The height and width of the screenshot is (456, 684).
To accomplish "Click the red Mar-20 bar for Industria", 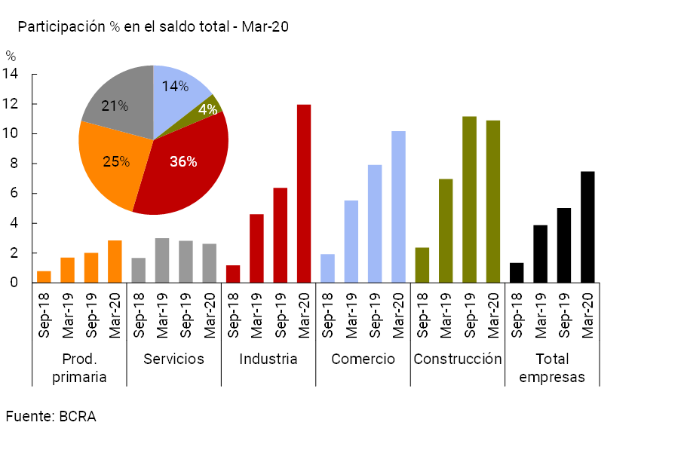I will pyautogui.click(x=304, y=194).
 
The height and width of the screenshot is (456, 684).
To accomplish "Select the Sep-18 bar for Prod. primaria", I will pyautogui.click(x=44, y=277).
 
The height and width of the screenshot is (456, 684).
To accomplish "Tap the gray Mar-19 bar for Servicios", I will pyautogui.click(x=162, y=260).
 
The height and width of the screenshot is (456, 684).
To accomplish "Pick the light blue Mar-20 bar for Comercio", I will pyautogui.click(x=398, y=207).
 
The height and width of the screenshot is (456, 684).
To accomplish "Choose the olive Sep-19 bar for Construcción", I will pyautogui.click(x=469, y=200).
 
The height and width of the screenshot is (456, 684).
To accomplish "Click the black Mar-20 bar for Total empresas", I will pyautogui.click(x=587, y=227).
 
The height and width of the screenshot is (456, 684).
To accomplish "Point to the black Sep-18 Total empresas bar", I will pyautogui.click(x=517, y=273).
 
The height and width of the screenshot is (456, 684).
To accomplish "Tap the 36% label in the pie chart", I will pyautogui.click(x=183, y=161).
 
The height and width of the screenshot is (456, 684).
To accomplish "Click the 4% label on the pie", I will pyautogui.click(x=208, y=109).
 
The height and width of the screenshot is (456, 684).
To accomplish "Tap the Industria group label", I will pyautogui.click(x=268, y=359).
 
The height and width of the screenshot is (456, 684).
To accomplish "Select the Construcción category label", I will pyautogui.click(x=457, y=359).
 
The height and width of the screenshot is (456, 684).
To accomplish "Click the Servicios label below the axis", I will pyautogui.click(x=173, y=359).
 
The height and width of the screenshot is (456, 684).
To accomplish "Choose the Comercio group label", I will pyautogui.click(x=363, y=359).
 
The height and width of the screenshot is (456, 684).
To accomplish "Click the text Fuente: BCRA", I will pyautogui.click(x=51, y=416).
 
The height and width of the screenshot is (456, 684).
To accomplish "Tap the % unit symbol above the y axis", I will pyautogui.click(x=11, y=56).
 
